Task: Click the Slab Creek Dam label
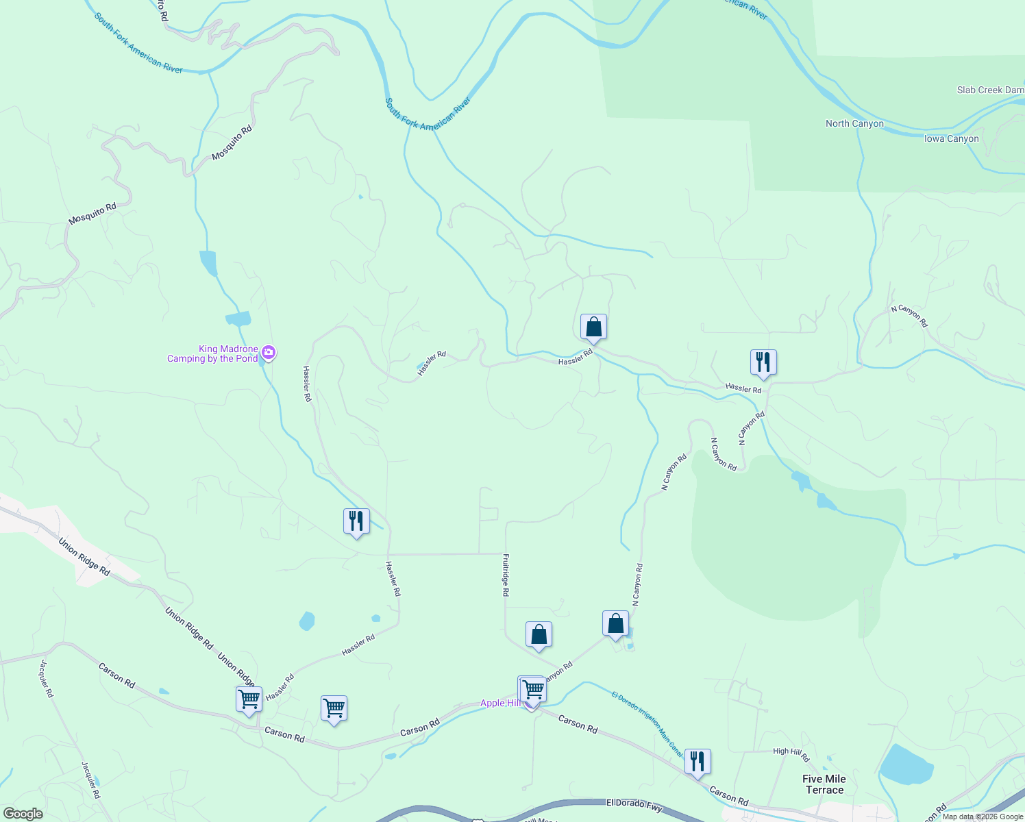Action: (x=990, y=90)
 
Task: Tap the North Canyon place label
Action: (x=854, y=123)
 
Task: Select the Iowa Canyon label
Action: (x=952, y=138)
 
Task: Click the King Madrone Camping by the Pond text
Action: (x=212, y=353)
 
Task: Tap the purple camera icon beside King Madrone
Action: (x=269, y=353)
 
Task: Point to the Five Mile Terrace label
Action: (x=824, y=784)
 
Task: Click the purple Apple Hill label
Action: (x=500, y=703)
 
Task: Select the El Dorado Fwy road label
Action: (x=634, y=805)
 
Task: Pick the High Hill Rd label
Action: (x=791, y=754)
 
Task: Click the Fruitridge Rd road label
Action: (x=506, y=575)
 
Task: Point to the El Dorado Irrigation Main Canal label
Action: (x=647, y=723)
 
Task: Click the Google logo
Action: (x=23, y=814)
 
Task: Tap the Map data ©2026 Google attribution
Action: (x=983, y=817)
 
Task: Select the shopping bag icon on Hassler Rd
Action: (x=593, y=327)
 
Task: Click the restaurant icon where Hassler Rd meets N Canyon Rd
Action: (x=763, y=362)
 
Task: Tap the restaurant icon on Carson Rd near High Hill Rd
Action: (x=697, y=762)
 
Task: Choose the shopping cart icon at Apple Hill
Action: (x=532, y=690)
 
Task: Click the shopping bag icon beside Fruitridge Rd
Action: (x=539, y=635)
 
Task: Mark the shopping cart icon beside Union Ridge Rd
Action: (x=249, y=700)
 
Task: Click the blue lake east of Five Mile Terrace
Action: (x=906, y=764)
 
